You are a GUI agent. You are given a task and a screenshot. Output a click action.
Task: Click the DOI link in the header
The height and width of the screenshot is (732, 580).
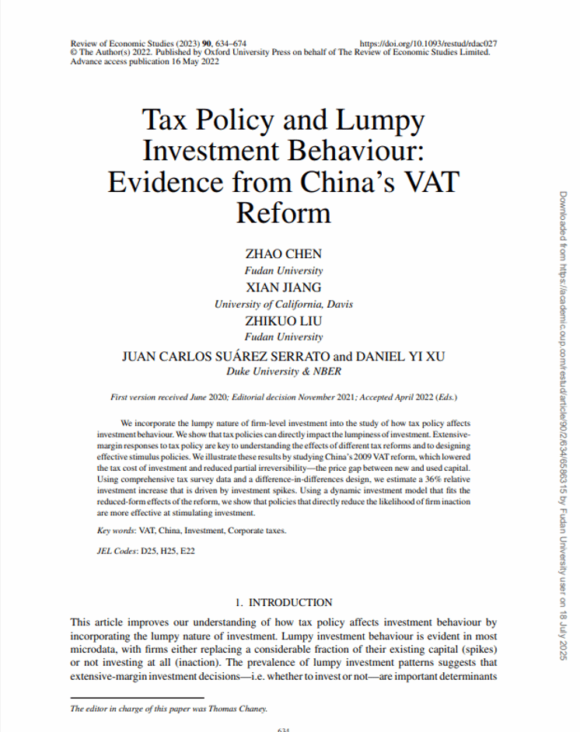(x=429, y=43)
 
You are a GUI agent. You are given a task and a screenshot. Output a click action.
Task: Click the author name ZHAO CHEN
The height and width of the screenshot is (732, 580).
(x=283, y=254)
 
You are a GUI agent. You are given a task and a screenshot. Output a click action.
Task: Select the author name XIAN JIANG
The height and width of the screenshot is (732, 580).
(x=283, y=288)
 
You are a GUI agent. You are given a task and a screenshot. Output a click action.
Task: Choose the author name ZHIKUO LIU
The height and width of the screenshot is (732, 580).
(x=283, y=321)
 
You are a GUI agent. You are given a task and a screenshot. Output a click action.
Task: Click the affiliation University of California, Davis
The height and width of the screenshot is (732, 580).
(x=283, y=305)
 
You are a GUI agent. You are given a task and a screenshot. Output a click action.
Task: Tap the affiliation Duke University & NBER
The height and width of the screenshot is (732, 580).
(x=283, y=371)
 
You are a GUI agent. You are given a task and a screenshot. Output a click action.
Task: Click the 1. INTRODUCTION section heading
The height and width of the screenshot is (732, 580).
(x=283, y=602)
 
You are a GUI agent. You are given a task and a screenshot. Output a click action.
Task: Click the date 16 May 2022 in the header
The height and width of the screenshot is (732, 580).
(x=195, y=61)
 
